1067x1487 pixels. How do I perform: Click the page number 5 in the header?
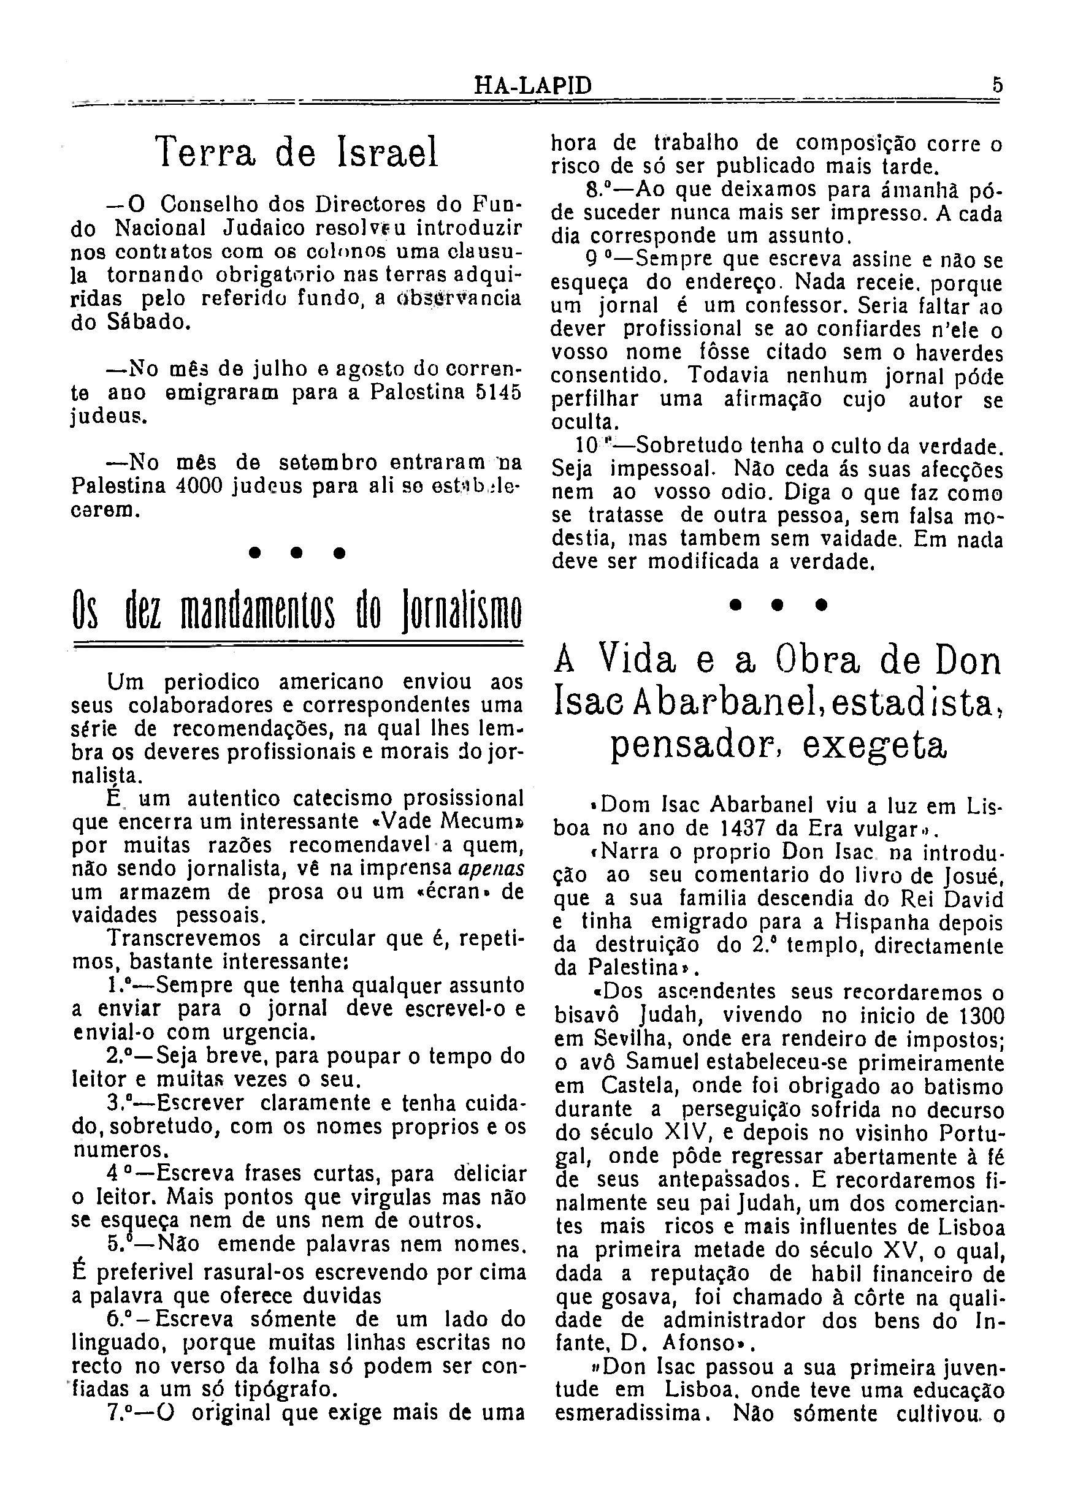997,85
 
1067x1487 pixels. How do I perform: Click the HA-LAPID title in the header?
532,86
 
